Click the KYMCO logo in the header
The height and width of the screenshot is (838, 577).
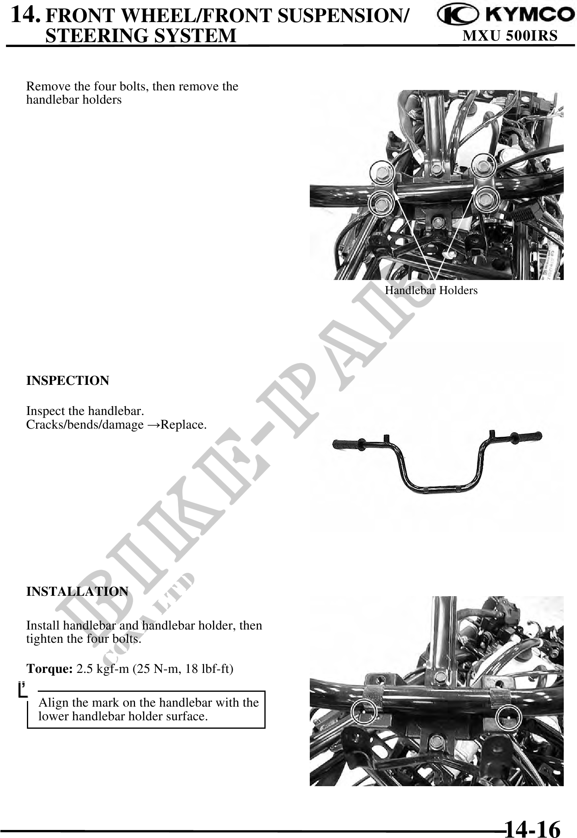[506, 16]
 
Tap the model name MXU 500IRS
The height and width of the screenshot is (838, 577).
[510, 36]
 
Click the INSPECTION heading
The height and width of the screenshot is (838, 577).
[68, 380]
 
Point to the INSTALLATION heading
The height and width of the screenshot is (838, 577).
[77, 591]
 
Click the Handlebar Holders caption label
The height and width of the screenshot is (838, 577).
[431, 290]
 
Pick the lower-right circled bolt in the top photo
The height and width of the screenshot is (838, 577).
[486, 199]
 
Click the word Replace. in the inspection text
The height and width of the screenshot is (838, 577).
[184, 425]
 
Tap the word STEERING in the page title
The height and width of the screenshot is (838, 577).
[96, 35]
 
